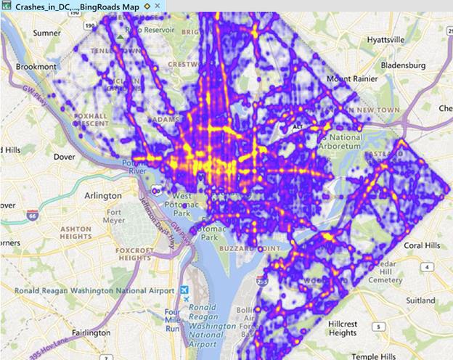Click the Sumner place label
pyautogui.click(x=47, y=33)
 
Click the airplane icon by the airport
pyautogui.click(x=186, y=298)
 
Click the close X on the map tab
pyautogui.click(x=158, y=6)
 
